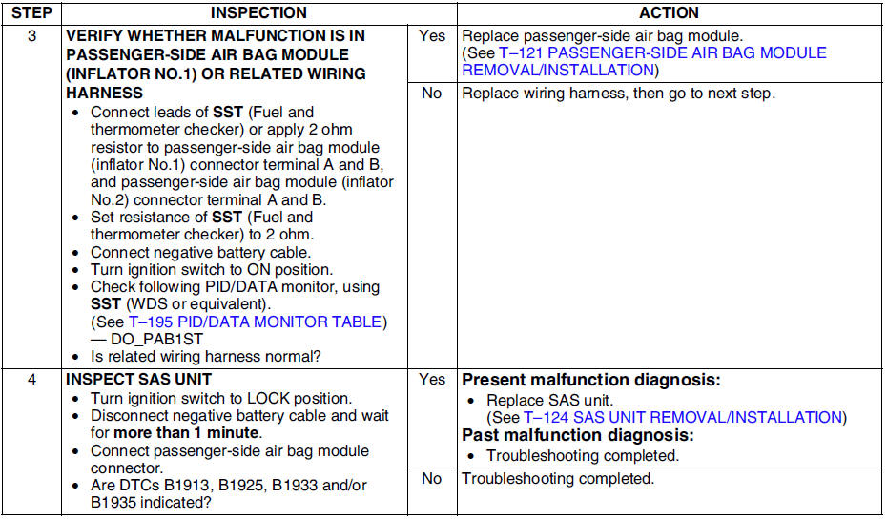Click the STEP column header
pyautogui.click(x=31, y=12)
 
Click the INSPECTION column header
pyautogui.click(x=258, y=12)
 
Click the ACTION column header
pyautogui.click(x=669, y=12)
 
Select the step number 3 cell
pyautogui.click(x=31, y=36)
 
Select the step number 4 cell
pyautogui.click(x=31, y=380)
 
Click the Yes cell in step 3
pyautogui.click(x=432, y=36)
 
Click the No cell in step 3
pyautogui.click(x=432, y=94)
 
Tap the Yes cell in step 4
pyautogui.click(x=432, y=380)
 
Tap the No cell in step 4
pyautogui.click(x=432, y=478)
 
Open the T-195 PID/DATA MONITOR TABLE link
pyautogui.click(x=256, y=322)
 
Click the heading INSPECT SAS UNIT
pyautogui.click(x=139, y=380)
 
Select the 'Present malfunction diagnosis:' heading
pyautogui.click(x=590, y=380)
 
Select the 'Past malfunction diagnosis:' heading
pyautogui.click(x=576, y=435)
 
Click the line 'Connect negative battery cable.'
pyautogui.click(x=200, y=253)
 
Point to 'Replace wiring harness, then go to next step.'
pyautogui.click(x=618, y=94)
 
